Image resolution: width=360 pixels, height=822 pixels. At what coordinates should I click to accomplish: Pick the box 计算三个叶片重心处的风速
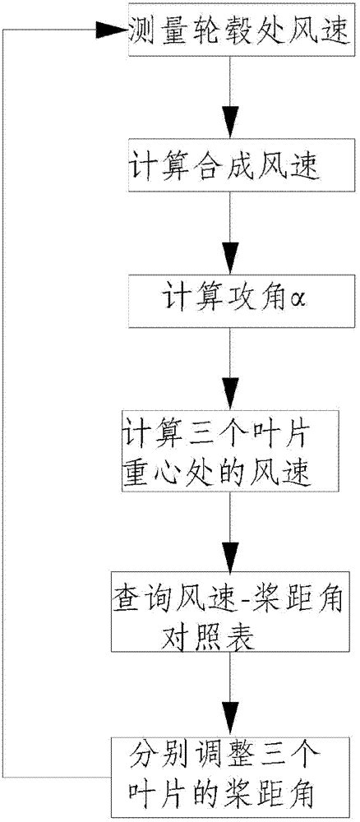coord(229,453)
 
